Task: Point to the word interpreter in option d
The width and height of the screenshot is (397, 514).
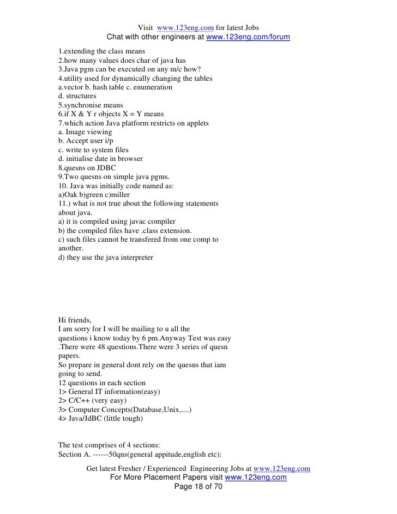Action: coord(135,257)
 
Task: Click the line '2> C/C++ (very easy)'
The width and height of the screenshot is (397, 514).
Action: coord(95,401)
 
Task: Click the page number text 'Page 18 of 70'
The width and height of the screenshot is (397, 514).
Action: coord(198,487)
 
